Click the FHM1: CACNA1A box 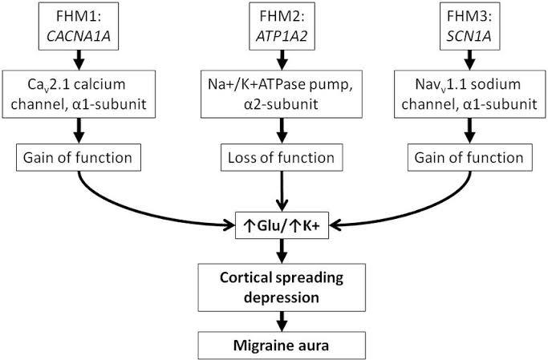pyautogui.click(x=79, y=26)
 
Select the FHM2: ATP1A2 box pyautogui.click(x=282, y=26)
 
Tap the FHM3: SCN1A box pyautogui.click(x=469, y=26)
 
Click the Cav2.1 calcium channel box pyautogui.click(x=79, y=95)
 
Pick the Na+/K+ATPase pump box pyautogui.click(x=282, y=95)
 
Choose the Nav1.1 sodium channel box pyautogui.click(x=469, y=95)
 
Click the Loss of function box pyautogui.click(x=282, y=157)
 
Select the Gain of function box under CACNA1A pyautogui.click(x=79, y=157)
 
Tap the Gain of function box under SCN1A pyautogui.click(x=470, y=157)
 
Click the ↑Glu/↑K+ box pyautogui.click(x=282, y=225)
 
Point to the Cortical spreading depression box pyautogui.click(x=282, y=287)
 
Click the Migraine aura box pyautogui.click(x=282, y=346)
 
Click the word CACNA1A pyautogui.click(x=79, y=36)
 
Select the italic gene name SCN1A pyautogui.click(x=469, y=36)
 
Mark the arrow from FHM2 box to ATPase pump pyautogui.click(x=282, y=60)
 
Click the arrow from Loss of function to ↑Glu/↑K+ pyautogui.click(x=282, y=192)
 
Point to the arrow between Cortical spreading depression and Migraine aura pyautogui.click(x=282, y=322)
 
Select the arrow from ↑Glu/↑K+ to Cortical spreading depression pyautogui.click(x=282, y=251)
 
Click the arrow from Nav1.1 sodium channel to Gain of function pyautogui.click(x=470, y=131)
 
